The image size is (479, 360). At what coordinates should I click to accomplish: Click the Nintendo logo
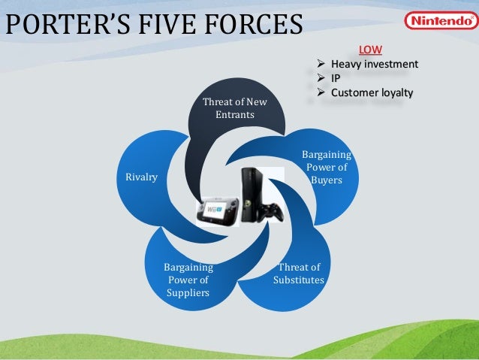439,20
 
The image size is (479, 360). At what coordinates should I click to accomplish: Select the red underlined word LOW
370,50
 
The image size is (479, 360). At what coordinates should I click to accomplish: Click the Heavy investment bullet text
375,64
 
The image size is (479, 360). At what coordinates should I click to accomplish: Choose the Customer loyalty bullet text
372,93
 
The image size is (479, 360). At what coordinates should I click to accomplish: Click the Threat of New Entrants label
235,109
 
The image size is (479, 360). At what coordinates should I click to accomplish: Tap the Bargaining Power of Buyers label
326,168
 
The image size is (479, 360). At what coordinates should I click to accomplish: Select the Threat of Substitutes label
299,274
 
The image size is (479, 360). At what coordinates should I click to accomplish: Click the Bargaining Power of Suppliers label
188,280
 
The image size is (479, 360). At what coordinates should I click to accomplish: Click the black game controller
268,210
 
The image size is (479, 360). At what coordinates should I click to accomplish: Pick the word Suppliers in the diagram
188,292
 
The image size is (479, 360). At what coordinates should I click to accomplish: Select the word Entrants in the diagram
235,115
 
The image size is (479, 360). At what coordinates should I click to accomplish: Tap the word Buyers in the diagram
326,180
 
